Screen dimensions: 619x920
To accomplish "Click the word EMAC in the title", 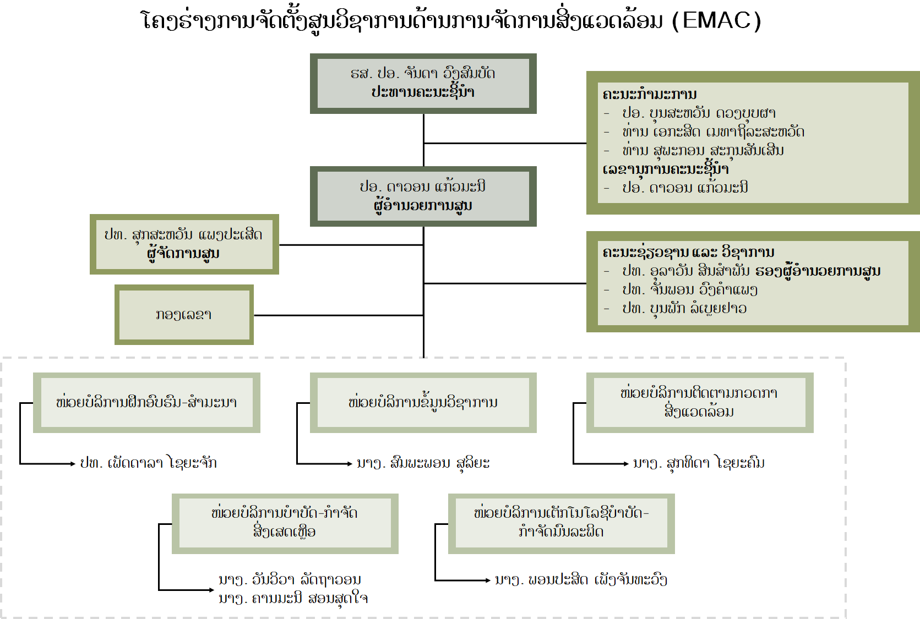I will click(716, 20).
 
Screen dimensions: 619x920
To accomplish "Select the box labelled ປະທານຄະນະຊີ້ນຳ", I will click(423, 84).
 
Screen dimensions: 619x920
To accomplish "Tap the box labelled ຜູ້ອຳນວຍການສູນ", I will click(423, 196).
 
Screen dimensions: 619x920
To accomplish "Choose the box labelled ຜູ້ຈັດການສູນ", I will click(184, 244).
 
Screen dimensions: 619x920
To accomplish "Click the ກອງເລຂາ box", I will click(184, 315).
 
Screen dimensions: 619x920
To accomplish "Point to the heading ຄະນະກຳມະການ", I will click(650, 94).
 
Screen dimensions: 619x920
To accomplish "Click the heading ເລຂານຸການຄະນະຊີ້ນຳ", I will click(665, 169).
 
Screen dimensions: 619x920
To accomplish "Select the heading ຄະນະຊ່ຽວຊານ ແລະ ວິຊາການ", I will click(688, 252).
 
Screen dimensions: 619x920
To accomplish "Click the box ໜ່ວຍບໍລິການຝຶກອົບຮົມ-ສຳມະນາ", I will click(146, 403).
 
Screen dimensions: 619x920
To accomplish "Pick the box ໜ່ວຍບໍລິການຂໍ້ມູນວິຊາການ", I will click(423, 403).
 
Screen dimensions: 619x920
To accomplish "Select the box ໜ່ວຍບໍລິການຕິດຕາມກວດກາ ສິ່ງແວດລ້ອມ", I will click(699, 403).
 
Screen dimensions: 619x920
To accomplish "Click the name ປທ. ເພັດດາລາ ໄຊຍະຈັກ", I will click(148, 463).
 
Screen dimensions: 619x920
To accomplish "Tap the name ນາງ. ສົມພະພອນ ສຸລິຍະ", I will click(423, 463).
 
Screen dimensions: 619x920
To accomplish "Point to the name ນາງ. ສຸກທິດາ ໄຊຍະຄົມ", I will click(699, 463).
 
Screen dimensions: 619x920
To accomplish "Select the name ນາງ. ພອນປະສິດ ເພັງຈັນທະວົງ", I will click(581, 580).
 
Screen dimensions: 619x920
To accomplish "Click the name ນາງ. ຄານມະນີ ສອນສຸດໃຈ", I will click(293, 599).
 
